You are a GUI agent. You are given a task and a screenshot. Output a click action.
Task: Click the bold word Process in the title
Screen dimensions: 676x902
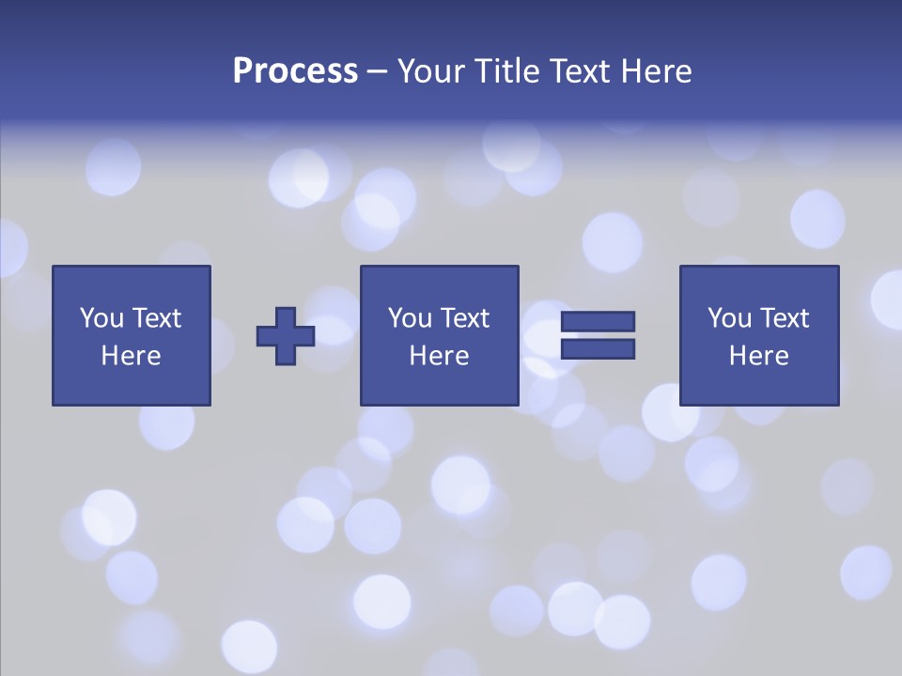(295, 71)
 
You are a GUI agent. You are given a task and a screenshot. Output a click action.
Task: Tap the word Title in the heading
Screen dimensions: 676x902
(505, 71)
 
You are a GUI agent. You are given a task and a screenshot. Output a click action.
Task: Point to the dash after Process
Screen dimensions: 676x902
(378, 72)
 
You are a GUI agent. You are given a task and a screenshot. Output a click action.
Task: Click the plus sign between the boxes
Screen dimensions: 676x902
(286, 335)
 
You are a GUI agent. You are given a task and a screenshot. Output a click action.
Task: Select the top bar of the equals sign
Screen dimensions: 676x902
(598, 321)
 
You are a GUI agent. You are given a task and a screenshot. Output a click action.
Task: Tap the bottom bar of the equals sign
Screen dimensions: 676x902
(598, 348)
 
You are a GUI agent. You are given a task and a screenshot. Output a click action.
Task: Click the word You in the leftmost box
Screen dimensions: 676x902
(101, 318)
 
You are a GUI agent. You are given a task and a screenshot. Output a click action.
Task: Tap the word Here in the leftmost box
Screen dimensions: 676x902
(131, 356)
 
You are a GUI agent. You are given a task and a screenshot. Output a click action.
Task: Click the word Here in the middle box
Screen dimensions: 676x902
(439, 356)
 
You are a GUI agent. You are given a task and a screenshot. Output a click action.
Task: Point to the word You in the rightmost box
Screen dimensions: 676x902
(728, 318)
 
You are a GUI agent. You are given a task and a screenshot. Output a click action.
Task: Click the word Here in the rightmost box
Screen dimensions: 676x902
(758, 356)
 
